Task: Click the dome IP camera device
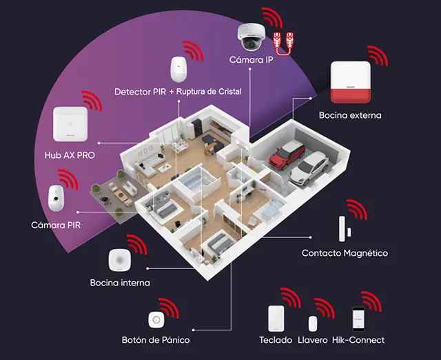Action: click(249, 35)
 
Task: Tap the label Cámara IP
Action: click(250, 61)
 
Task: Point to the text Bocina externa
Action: click(349, 115)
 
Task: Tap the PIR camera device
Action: click(56, 199)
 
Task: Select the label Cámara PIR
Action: click(56, 226)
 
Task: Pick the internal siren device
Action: click(119, 260)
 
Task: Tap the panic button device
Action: click(156, 320)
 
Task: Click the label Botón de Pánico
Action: click(155, 340)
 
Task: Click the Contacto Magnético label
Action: click(345, 253)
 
